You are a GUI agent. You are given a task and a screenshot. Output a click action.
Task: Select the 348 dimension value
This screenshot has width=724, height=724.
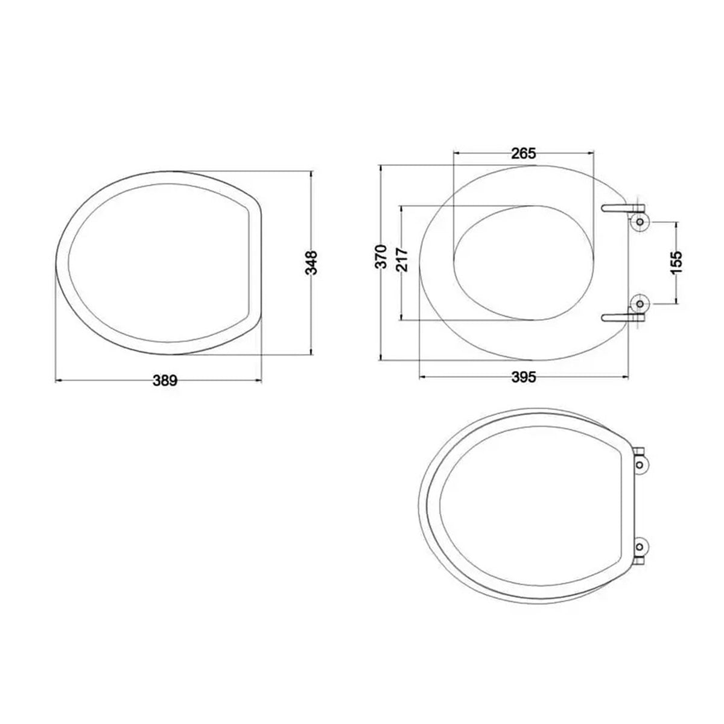311,263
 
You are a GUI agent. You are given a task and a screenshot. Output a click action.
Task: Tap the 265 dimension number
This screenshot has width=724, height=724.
523,153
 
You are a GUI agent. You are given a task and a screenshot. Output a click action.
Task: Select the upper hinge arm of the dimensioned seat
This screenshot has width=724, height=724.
618,208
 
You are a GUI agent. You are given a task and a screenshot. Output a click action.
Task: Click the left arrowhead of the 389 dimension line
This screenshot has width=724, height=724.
56,381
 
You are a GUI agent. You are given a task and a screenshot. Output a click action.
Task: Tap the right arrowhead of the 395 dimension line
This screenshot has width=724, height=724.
629,378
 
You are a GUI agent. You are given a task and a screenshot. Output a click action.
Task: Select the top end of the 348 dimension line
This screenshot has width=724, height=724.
311,172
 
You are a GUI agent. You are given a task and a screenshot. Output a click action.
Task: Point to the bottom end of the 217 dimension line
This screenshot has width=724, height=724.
402,319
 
